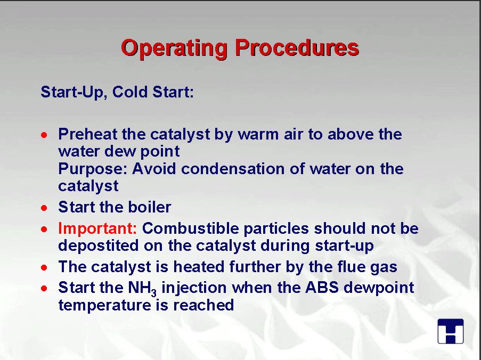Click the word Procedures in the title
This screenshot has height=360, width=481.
pyautogui.click(x=297, y=47)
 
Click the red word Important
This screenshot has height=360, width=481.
pyautogui.click(x=97, y=228)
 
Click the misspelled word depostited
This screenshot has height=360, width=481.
pyautogui.click(x=99, y=246)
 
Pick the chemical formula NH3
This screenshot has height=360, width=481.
pyautogui.click(x=142, y=289)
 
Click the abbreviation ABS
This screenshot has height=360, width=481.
pyautogui.click(x=322, y=288)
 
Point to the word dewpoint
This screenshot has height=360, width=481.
pyautogui.click(x=379, y=288)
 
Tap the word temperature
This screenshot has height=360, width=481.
pyautogui.click(x=104, y=306)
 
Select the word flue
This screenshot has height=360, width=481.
pyautogui.click(x=352, y=267)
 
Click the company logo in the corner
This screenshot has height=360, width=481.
pyautogui.click(x=450, y=331)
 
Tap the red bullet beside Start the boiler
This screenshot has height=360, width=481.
pyautogui.click(x=44, y=208)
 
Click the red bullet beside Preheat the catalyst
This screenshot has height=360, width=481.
pyautogui.click(x=44, y=135)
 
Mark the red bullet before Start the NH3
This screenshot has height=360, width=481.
pyautogui.click(x=44, y=289)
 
